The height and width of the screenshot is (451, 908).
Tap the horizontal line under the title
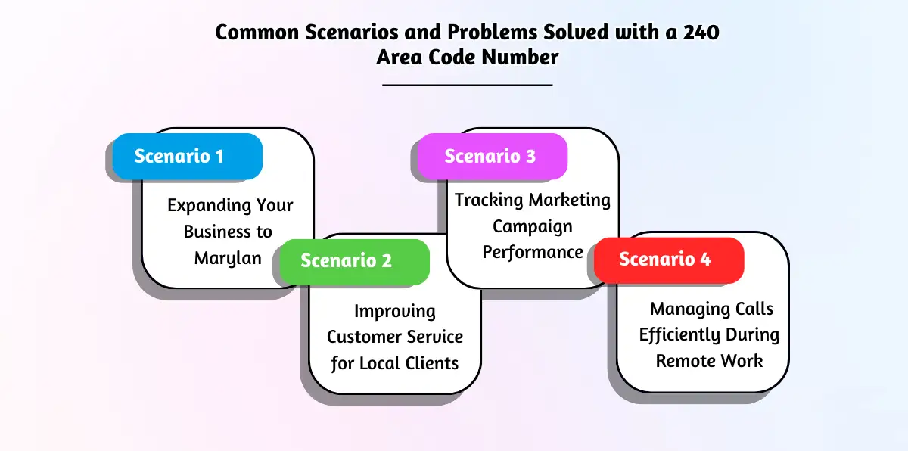468,85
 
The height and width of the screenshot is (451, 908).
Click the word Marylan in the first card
228,257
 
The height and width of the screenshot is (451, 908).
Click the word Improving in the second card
395,311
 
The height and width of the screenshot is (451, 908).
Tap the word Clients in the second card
431,363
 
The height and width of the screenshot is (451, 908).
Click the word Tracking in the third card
489,201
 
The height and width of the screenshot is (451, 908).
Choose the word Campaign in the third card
533,226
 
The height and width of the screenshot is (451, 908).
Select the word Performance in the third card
533,252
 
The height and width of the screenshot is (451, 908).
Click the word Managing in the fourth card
684,309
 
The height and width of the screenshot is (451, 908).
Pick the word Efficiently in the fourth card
679,334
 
